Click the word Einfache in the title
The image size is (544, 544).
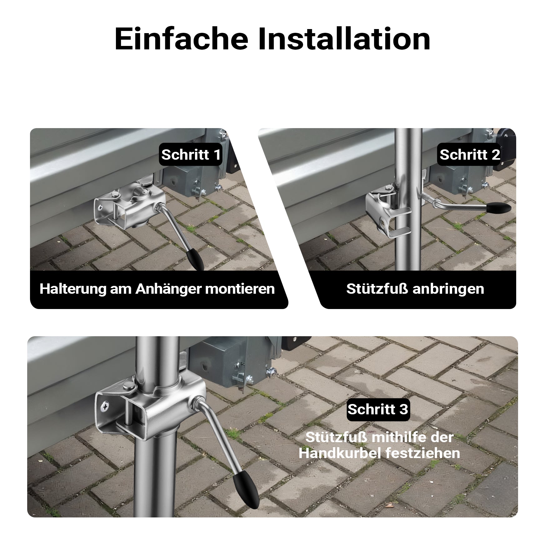[x=181, y=39]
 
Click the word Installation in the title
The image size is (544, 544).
[x=344, y=39]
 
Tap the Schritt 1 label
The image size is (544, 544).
[x=191, y=154]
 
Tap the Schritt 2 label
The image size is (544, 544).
[x=470, y=154]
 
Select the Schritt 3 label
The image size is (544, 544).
[x=378, y=409]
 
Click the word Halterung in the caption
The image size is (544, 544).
[x=73, y=289]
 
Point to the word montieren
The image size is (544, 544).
[x=240, y=289]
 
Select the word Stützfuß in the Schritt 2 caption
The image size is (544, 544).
[x=377, y=289]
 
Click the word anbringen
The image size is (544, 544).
[x=448, y=289]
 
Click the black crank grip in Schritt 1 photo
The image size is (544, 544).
[x=196, y=259]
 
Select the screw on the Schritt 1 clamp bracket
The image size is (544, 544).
[x=101, y=207]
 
